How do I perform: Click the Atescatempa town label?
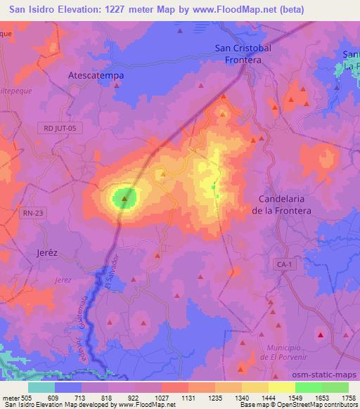(96, 72)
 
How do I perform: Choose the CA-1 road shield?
(282, 262)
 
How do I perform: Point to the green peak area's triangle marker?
(124, 199)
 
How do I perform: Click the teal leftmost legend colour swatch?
(41, 387)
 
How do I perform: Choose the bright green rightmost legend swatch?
(335, 387)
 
